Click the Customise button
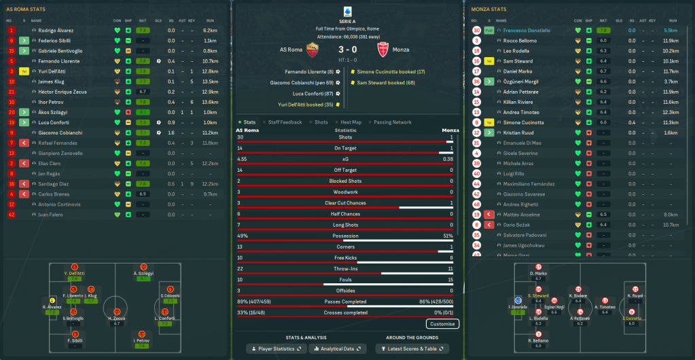point(442,324)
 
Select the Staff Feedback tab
point(285,122)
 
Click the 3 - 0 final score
point(346,49)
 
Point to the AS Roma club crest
point(313,49)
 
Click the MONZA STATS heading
point(488,10)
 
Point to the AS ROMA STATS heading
point(26,10)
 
